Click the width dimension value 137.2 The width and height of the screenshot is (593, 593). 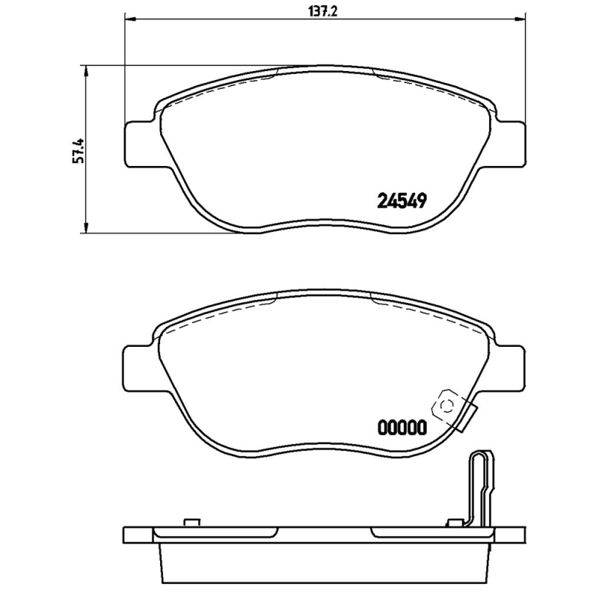click(323, 12)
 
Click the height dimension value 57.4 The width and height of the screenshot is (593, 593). click(79, 150)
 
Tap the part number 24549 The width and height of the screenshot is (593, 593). click(402, 201)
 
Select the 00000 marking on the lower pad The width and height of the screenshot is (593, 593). click(402, 428)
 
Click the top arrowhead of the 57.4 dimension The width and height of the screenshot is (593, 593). click(87, 70)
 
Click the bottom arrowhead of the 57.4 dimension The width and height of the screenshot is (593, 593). click(87, 228)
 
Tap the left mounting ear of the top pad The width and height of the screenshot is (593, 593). click(139, 144)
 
